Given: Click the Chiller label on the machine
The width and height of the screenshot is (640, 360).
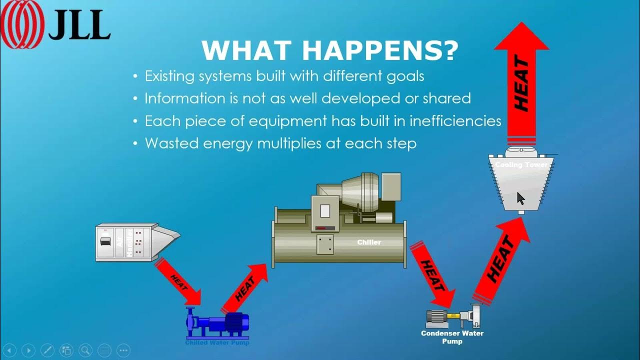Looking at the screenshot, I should pyautogui.click(x=369, y=242).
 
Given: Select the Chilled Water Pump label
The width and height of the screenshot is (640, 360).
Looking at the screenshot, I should pyautogui.click(x=217, y=342).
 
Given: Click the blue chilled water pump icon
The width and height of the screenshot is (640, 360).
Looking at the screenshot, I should pyautogui.click(x=217, y=323).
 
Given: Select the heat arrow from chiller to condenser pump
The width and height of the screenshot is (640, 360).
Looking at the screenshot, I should pyautogui.click(x=432, y=274).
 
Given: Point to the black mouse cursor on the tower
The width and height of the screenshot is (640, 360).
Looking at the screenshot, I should pyautogui.click(x=520, y=198).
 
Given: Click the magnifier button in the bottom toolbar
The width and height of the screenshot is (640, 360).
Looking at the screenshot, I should pyautogui.click(x=85, y=350).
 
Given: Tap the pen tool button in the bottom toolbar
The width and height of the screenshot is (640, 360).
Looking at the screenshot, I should pyautogui.click(x=47, y=350).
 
